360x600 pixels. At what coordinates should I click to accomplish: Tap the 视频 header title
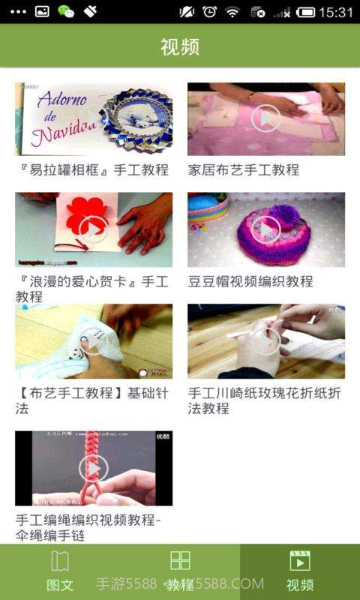[180, 46]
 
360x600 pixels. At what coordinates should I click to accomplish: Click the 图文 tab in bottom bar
[60, 571]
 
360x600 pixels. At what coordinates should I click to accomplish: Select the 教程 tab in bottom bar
[180, 571]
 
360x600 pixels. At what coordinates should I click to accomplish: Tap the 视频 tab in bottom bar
[300, 571]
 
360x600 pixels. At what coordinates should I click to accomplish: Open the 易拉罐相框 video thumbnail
[94, 118]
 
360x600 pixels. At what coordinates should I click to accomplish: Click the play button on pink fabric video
[265, 118]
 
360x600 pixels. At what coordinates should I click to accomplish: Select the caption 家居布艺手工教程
[244, 170]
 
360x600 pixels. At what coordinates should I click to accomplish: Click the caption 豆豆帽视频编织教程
[250, 281]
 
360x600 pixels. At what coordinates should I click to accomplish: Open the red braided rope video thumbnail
[94, 469]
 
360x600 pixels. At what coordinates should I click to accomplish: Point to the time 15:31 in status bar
[336, 12]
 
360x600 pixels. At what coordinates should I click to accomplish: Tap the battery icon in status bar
[306, 12]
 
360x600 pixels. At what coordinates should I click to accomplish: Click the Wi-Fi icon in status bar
[232, 12]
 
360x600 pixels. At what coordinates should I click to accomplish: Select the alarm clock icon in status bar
[210, 12]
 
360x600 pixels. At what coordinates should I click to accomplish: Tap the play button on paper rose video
[265, 341]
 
